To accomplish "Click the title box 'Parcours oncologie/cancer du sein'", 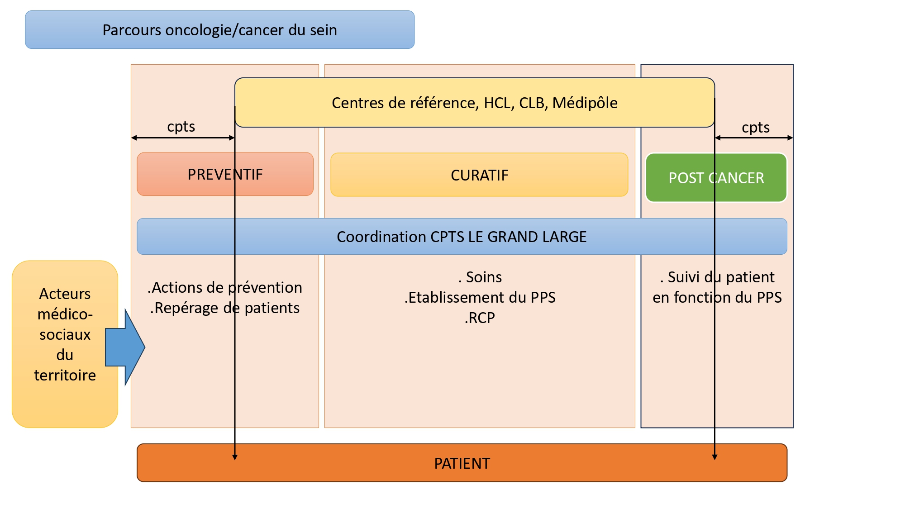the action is pos(220,30).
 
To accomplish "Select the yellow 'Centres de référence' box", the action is pos(475,103).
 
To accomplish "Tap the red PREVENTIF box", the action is pos(225,174).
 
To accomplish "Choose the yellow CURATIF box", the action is pos(479,175).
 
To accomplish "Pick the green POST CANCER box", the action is pos(716,178).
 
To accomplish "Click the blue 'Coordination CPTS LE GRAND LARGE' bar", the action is pos(462,237).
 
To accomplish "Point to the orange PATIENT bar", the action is pos(462,463).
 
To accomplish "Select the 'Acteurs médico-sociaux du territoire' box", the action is pos(65,344).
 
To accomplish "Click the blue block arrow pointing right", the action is pos(125,347).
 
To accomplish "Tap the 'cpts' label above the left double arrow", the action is pos(181,127).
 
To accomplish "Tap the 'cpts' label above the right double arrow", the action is pos(756,128).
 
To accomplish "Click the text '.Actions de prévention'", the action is pos(225,287).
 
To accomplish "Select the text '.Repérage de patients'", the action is pos(225,308).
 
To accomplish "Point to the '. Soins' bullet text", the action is pos(480,277).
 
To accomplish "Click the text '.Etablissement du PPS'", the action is pos(480,297).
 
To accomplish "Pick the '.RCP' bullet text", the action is pos(480,318).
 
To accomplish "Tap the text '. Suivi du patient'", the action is pos(717,277).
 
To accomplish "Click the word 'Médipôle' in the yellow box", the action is pos(585,103).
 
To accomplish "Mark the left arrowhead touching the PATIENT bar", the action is pos(235,457).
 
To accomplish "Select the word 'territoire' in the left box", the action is pos(65,375).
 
